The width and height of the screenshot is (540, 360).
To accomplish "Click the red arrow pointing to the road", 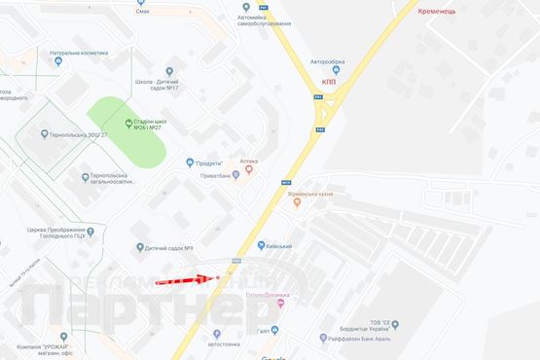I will (x=182, y=280).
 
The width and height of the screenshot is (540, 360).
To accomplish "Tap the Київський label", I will (x=277, y=247).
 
